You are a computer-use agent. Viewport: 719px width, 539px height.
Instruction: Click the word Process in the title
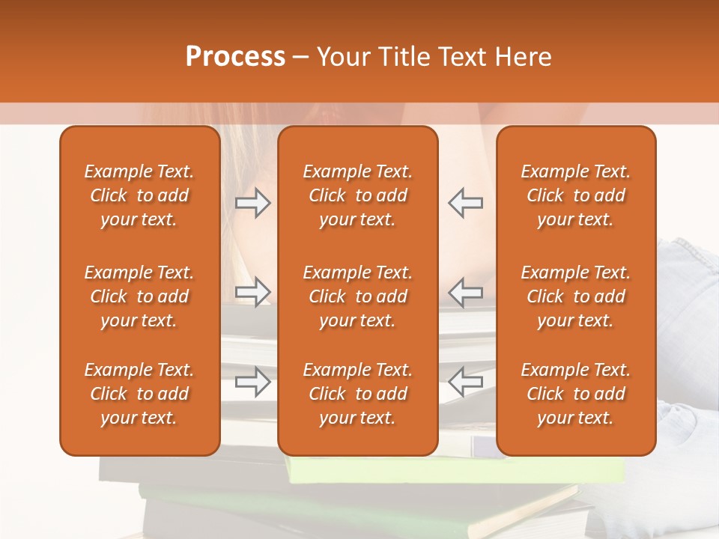pyautogui.click(x=235, y=57)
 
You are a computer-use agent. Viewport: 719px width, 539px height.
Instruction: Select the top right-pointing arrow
pyautogui.click(x=252, y=203)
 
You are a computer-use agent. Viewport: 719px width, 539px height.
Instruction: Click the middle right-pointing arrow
pyautogui.click(x=252, y=292)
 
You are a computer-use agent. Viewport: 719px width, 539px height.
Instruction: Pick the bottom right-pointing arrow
pyautogui.click(x=252, y=381)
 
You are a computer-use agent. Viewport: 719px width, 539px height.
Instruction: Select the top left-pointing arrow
pyautogui.click(x=466, y=203)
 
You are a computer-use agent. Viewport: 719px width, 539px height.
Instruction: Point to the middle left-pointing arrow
pyautogui.click(x=466, y=292)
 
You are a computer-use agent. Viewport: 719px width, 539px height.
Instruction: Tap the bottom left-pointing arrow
pyautogui.click(x=466, y=381)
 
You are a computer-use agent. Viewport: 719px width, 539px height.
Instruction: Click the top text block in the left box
pyautogui.click(x=139, y=195)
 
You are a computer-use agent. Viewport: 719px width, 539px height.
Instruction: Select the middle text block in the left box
pyautogui.click(x=139, y=296)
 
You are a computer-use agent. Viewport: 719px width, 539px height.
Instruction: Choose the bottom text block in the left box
pyautogui.click(x=139, y=394)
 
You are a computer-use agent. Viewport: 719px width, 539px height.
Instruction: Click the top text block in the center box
pyautogui.click(x=357, y=195)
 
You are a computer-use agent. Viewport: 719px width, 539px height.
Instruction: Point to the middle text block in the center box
pyautogui.click(x=357, y=296)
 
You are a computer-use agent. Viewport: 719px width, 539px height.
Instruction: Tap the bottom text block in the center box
pyautogui.click(x=357, y=394)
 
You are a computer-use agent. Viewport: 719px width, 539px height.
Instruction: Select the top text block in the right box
pyautogui.click(x=575, y=195)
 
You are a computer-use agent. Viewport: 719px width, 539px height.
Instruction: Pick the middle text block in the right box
pyautogui.click(x=575, y=296)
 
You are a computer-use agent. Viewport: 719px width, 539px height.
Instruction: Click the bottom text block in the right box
pyautogui.click(x=575, y=394)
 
